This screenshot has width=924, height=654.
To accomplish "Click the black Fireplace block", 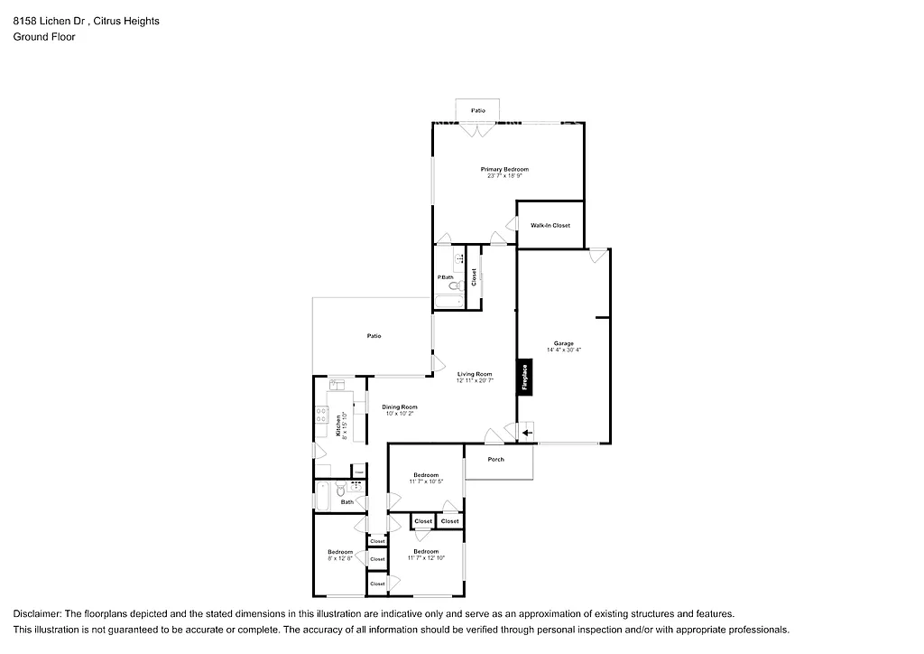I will pos(522,378).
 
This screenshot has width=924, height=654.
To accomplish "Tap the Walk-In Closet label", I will pos(550,225).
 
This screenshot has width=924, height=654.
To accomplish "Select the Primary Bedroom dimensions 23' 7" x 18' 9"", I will pos(504,175).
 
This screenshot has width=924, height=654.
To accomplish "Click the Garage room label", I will pos(564,343).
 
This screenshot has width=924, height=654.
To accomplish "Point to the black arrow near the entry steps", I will pos(527,434).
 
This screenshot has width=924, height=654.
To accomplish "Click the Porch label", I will pos(495,459).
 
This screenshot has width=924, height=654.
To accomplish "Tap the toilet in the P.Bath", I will pos(454,285).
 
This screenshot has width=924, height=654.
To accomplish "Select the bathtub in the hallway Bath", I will pos(324,495).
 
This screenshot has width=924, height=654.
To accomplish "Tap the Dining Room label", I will pos(399,406).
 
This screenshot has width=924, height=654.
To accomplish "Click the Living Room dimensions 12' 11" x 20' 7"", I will pos(474,380).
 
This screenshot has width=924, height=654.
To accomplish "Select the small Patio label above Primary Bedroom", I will pos(478,110).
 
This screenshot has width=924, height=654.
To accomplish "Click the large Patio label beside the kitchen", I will pos(374,336).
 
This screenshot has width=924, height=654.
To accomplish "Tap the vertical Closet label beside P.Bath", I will pos(474,277).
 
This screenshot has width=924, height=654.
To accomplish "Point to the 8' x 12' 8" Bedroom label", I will pos(340,555).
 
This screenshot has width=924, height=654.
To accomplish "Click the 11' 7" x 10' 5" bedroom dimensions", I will pos(426,481).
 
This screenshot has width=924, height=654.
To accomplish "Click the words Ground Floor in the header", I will pos(44,37).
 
